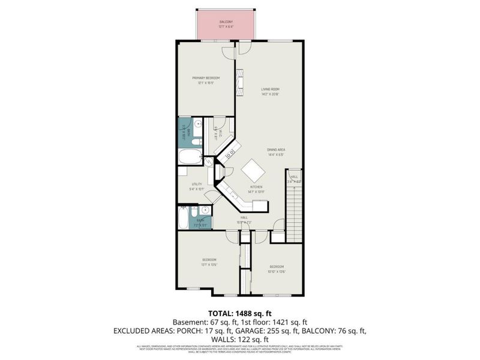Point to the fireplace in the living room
click(x=241, y=80)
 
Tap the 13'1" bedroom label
click(x=208, y=262)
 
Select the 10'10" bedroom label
click(x=276, y=268)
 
